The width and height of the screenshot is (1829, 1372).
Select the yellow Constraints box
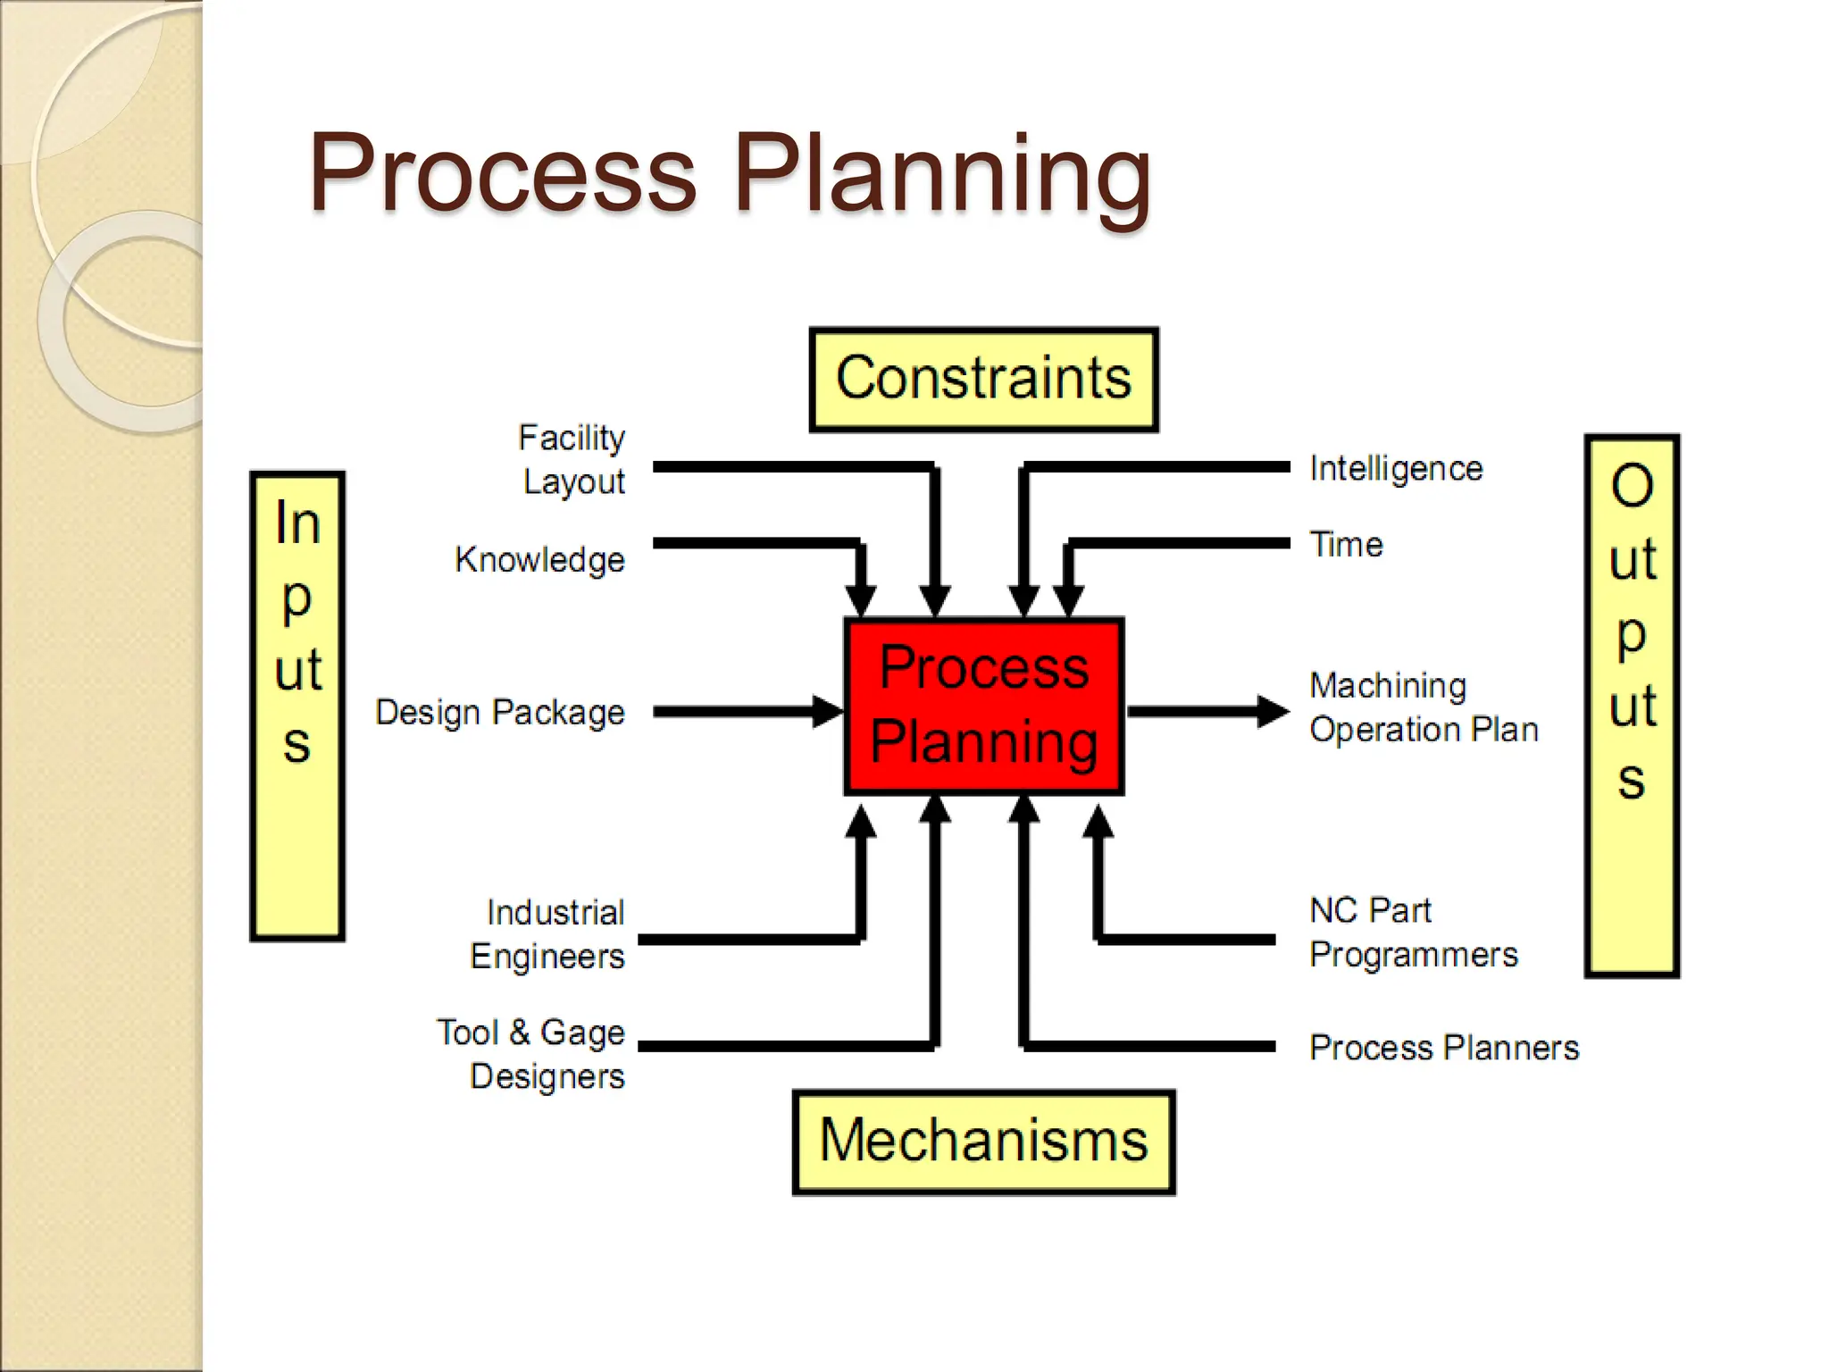[x=983, y=380]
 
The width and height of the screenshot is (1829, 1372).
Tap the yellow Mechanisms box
[x=983, y=1142]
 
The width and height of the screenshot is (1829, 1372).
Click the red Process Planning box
[x=983, y=706]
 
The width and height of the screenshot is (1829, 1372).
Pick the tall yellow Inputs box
[x=297, y=706]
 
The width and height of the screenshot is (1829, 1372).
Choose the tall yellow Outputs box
[x=1632, y=706]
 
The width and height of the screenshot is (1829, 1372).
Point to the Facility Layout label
[x=572, y=459]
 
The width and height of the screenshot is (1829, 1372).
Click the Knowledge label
[x=539, y=560]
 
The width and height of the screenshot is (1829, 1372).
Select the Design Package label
[x=500, y=713]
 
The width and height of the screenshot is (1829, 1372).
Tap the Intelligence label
[x=1396, y=469]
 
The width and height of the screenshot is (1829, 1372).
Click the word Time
[x=1346, y=545]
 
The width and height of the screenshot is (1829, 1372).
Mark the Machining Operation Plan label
[x=1424, y=707]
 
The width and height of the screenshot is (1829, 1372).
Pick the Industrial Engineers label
[x=548, y=934]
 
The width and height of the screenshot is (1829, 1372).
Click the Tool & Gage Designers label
[x=532, y=1054]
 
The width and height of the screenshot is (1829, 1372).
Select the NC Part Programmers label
[x=1414, y=933]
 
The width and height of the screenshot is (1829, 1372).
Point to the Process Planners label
[x=1444, y=1048]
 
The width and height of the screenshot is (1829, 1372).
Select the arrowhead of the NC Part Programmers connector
[x=1098, y=822]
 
